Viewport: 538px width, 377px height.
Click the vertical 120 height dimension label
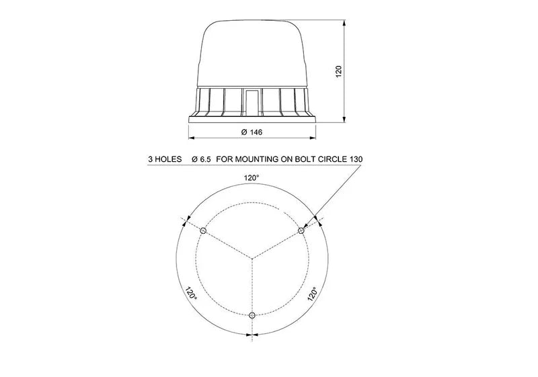click(x=339, y=71)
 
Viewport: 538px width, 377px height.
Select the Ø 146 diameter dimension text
click(x=251, y=132)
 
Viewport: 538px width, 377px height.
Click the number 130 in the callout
click(x=356, y=160)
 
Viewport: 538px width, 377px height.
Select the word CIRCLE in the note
click(x=330, y=160)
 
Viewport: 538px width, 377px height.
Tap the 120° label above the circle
click(x=252, y=177)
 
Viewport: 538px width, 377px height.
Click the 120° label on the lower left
click(x=191, y=294)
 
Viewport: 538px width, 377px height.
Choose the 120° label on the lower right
click(x=312, y=294)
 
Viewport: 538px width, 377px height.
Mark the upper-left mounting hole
click(x=204, y=231)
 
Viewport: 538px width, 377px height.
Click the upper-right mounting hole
click(x=301, y=231)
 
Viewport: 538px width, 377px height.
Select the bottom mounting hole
click(x=252, y=315)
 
